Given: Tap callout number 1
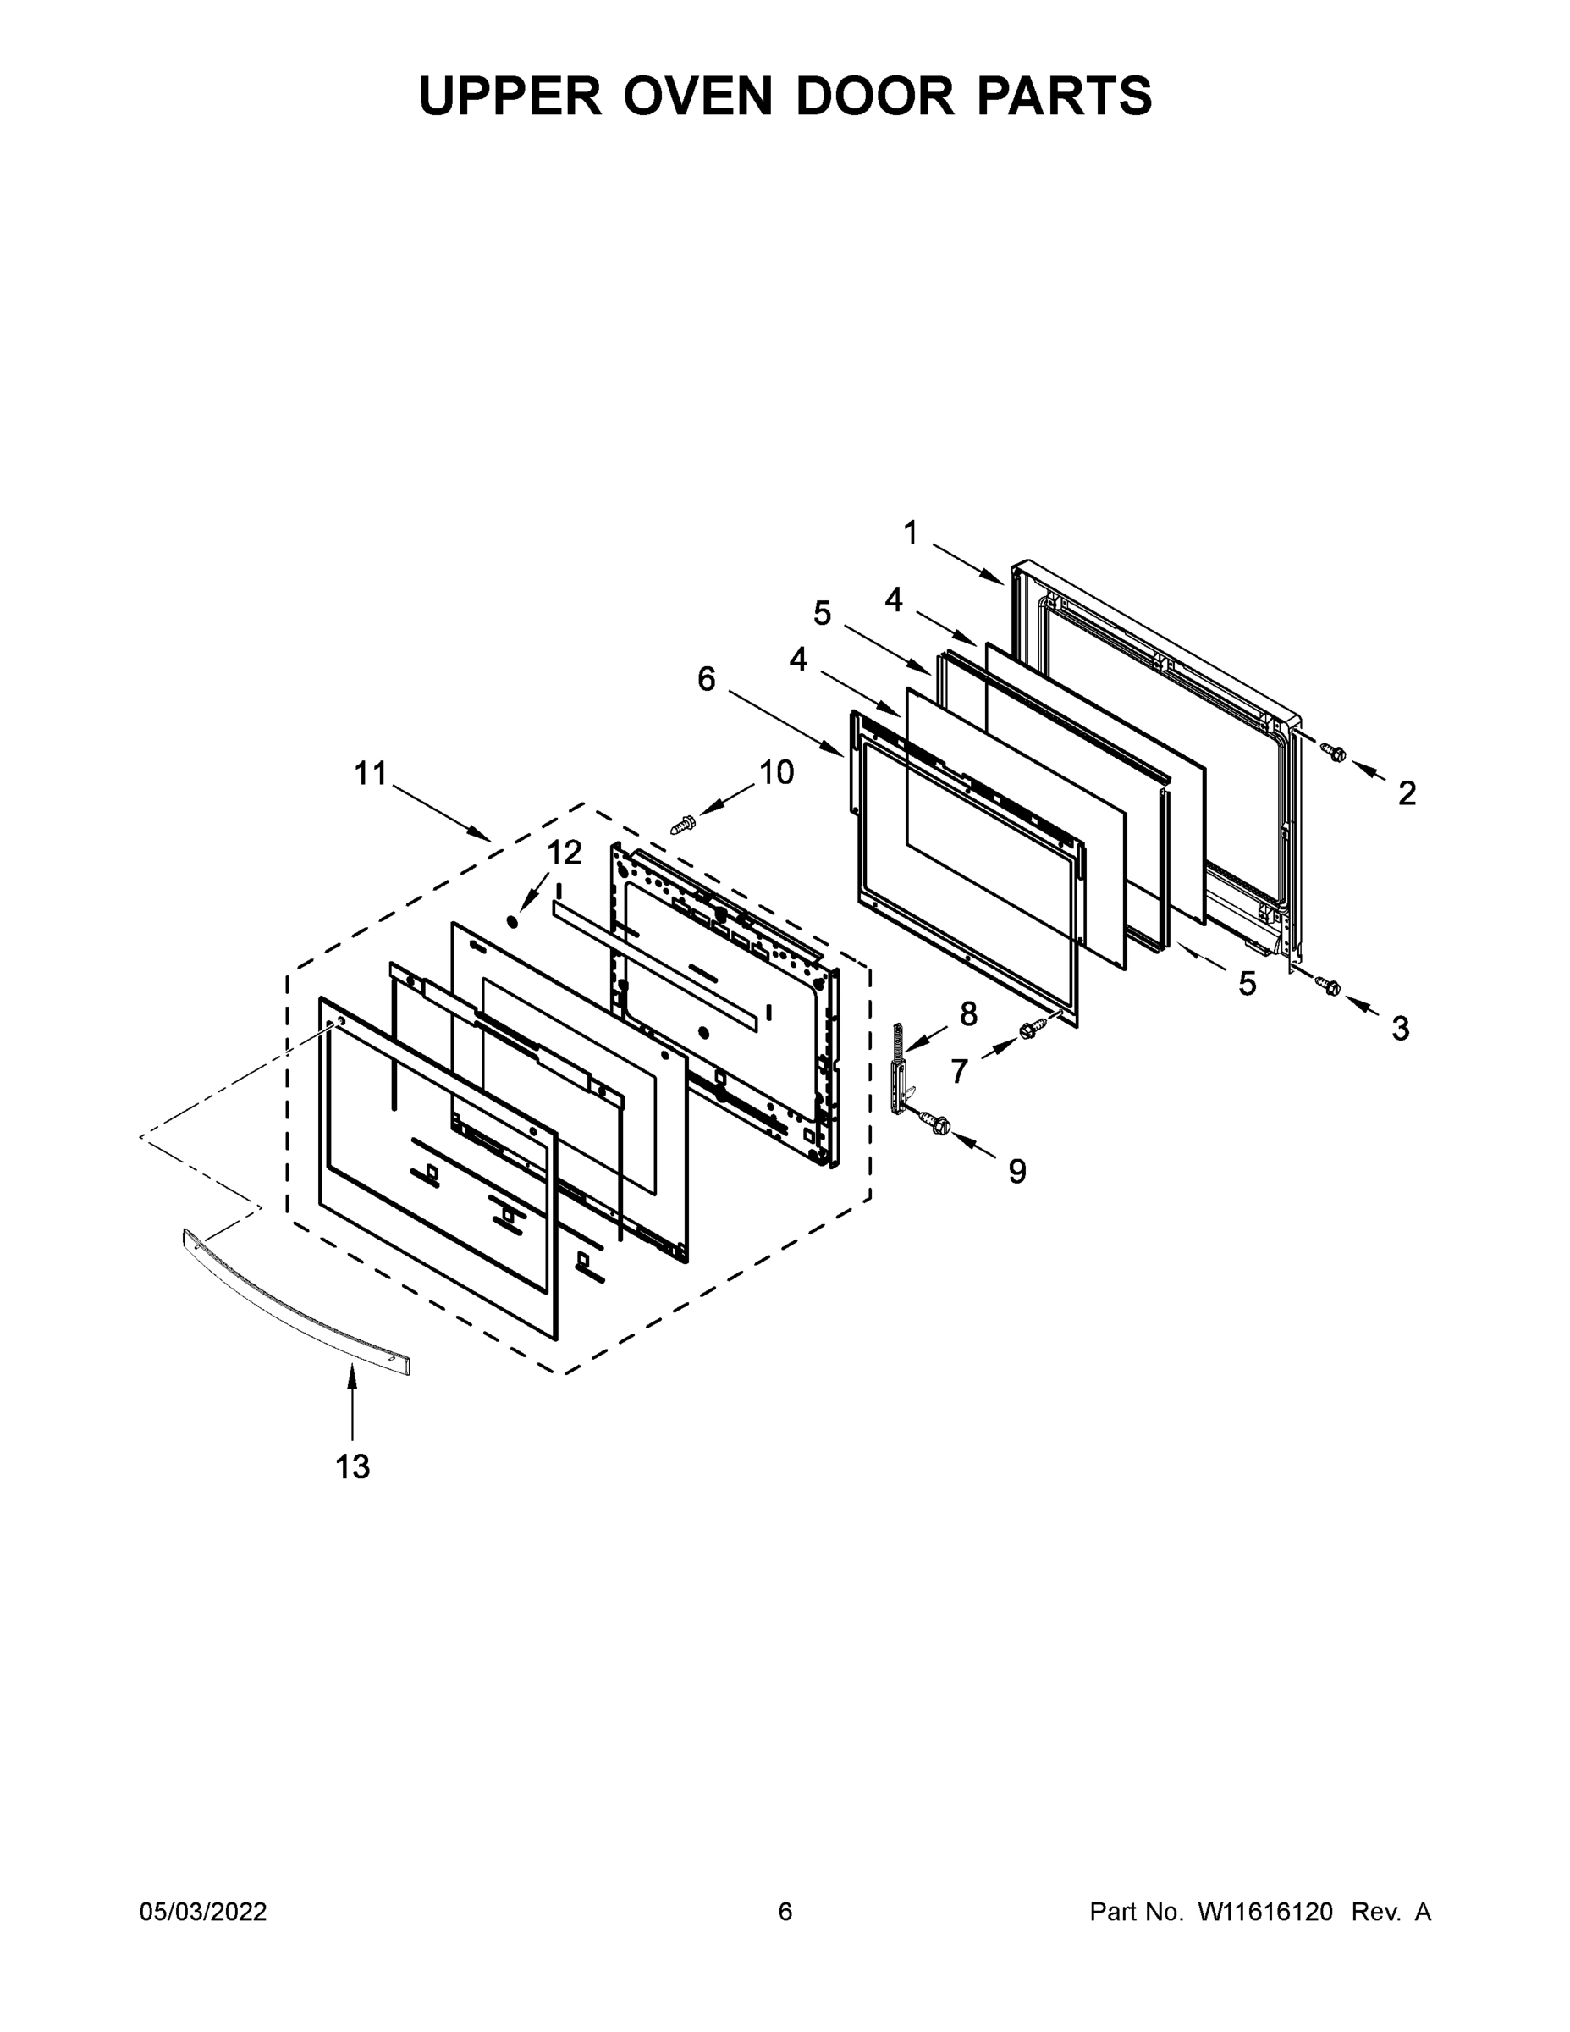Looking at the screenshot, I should [x=911, y=533].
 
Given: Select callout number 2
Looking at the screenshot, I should [x=1407, y=792].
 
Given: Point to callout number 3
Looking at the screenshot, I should [x=1401, y=1028].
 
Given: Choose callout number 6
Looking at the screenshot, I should [x=707, y=680].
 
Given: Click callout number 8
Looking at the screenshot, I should [x=969, y=1013].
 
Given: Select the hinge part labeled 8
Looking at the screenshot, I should [x=901, y=1070].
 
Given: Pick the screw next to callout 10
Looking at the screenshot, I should [x=684, y=825].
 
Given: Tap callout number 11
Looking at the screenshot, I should [x=370, y=774].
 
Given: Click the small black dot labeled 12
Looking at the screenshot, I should [x=510, y=921].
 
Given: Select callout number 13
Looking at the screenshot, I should [x=352, y=1466].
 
